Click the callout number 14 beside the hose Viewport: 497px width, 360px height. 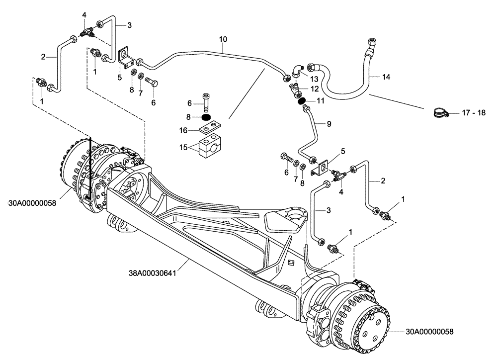tap(387, 77)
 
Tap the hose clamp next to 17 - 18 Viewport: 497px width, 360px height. tap(438, 113)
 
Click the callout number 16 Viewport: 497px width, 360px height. tap(183, 131)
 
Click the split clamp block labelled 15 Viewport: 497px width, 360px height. tap(211, 148)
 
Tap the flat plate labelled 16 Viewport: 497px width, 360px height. tap(211, 131)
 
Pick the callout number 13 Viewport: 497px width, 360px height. tap(314, 79)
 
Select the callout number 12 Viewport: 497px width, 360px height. tap(314, 89)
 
